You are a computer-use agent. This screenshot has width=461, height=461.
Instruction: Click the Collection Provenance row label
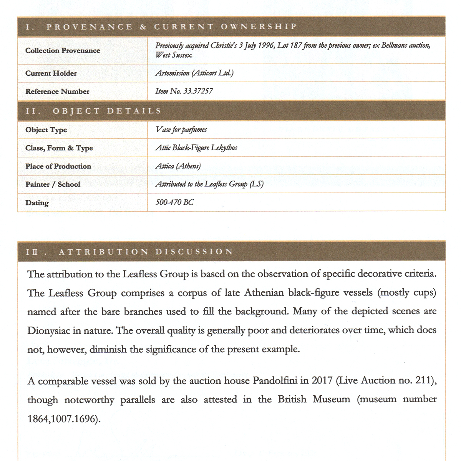point(63,50)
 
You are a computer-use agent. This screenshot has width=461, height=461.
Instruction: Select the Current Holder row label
point(51,73)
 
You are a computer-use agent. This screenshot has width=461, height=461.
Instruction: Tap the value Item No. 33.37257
point(184,91)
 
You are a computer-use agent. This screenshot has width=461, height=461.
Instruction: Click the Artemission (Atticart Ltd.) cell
point(194,73)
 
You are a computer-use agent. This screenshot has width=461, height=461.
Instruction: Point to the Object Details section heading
point(93,111)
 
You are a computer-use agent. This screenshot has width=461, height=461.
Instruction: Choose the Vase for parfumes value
point(181,129)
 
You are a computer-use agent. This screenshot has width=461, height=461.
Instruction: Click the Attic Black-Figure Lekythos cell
point(196,148)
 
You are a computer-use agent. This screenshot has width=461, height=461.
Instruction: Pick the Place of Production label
point(58,166)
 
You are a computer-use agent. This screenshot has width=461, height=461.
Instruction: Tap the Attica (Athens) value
point(178,166)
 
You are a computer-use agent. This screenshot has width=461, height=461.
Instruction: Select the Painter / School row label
point(53,184)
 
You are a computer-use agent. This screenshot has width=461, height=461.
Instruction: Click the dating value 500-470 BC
point(174,202)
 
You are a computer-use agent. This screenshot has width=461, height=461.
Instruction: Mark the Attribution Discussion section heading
point(129,252)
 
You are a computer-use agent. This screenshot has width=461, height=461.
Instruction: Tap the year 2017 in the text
point(322,381)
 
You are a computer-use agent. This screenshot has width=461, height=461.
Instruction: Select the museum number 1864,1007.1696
point(61,418)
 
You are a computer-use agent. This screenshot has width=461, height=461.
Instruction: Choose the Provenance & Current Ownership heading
point(161,27)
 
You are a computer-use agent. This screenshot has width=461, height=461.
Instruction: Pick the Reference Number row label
point(57,91)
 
